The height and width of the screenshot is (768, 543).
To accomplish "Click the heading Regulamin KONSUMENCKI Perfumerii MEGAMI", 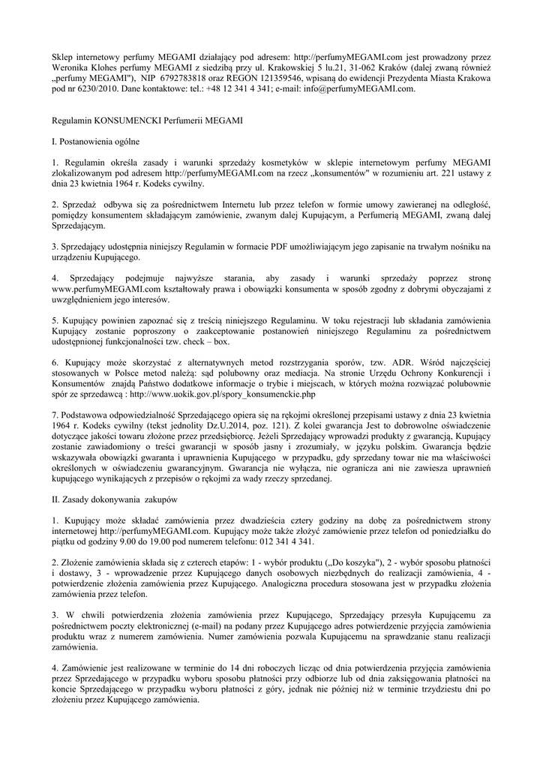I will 147,120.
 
